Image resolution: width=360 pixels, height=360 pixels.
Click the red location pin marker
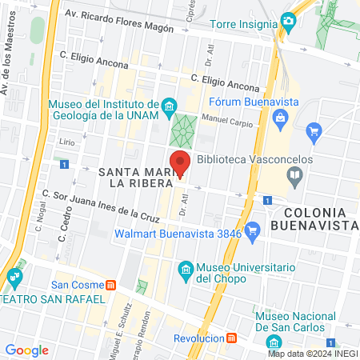coord(180,162)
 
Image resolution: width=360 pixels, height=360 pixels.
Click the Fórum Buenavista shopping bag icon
coord(279,119)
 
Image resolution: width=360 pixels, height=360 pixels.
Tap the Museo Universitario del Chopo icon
coord(186,269)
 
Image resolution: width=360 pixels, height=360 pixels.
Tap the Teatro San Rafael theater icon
coord(14,279)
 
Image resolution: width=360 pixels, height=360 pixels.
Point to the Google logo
coord(26,350)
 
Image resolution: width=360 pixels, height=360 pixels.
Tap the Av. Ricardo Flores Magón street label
coord(121,14)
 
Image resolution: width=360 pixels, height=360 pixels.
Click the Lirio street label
coord(66,141)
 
